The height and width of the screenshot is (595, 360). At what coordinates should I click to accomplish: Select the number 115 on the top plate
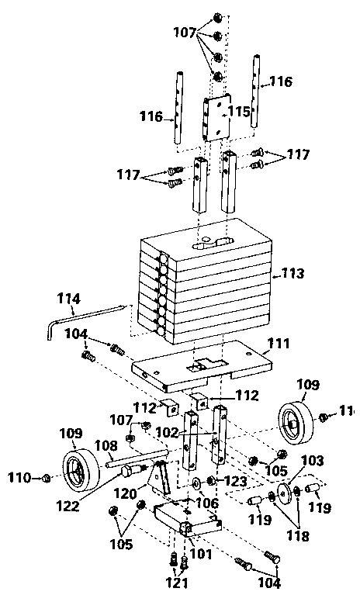pyautogui.click(x=238, y=112)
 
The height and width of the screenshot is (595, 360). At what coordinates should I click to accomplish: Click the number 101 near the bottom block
pyautogui.click(x=200, y=553)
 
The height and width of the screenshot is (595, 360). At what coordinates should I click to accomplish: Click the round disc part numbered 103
pyautogui.click(x=296, y=490)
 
